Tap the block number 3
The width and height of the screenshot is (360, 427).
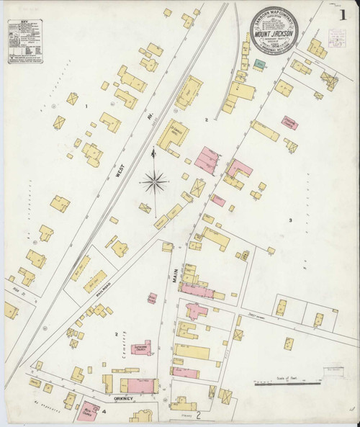pyautogui.click(x=289, y=220)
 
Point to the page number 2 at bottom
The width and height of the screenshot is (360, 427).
pyautogui.click(x=193, y=415)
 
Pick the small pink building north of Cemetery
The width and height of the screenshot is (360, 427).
pyautogui.click(x=153, y=297)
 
